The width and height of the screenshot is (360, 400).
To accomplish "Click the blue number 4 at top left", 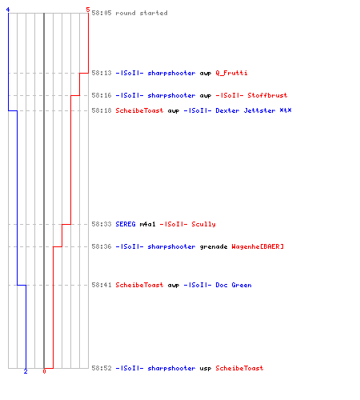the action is [8, 10].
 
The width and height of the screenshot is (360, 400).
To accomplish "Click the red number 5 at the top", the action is [88, 10].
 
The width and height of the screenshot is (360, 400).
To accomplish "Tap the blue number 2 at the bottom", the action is [26, 371].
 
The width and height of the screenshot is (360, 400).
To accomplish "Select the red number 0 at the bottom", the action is [44, 371].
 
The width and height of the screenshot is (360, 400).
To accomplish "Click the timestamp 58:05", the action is [102, 13].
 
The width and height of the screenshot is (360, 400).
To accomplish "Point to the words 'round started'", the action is [142, 13].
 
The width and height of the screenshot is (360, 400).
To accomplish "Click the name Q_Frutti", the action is [231, 73].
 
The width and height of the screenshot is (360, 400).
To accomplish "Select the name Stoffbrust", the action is [267, 95].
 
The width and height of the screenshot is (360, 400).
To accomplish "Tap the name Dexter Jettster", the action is [246, 110].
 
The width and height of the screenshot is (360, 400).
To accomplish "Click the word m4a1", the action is [147, 224].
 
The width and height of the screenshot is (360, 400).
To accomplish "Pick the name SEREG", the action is [126, 224].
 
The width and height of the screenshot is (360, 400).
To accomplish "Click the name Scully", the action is [203, 225].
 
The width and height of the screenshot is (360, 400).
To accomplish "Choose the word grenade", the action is [214, 247].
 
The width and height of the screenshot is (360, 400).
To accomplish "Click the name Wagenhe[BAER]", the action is [258, 246].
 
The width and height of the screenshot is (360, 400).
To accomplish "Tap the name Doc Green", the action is [234, 285].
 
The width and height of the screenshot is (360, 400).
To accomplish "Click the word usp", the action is [206, 369].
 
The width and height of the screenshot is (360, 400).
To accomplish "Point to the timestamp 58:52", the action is [102, 368].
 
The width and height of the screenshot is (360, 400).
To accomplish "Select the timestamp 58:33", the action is [102, 224].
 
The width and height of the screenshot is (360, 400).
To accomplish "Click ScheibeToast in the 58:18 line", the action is [139, 110].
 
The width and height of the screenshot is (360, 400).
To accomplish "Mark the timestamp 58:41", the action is [102, 285].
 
